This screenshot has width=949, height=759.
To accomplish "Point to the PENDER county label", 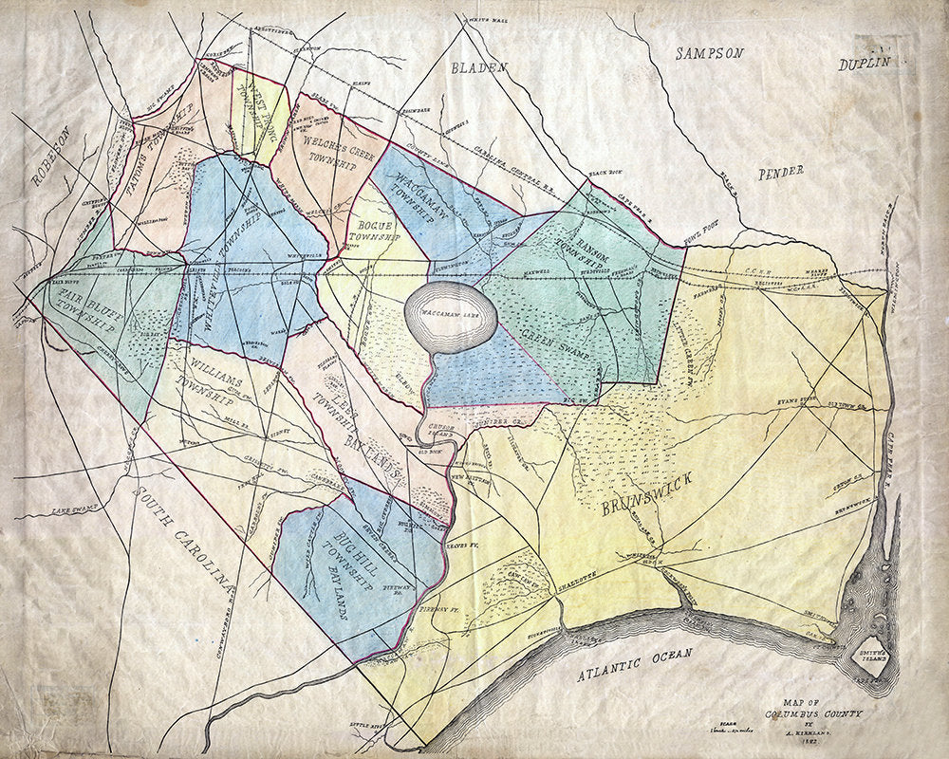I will [x=781, y=172].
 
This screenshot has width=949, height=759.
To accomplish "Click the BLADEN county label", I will [x=480, y=67].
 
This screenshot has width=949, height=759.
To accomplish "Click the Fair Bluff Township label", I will [x=82, y=301].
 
